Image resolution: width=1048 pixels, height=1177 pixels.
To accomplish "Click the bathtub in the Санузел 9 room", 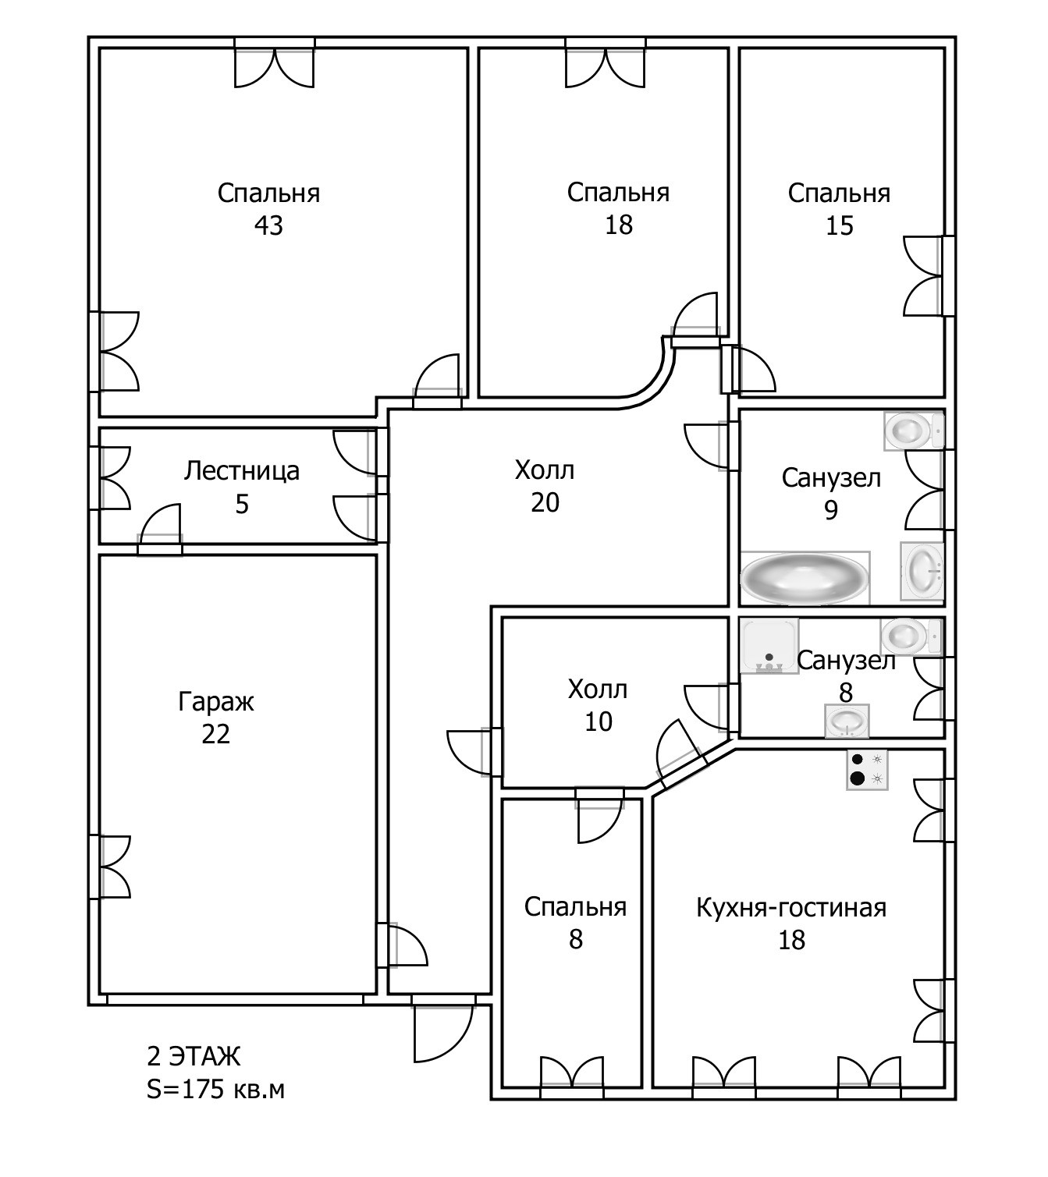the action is tap(805, 578).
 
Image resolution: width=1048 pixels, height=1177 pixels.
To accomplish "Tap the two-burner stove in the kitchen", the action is tap(867, 771).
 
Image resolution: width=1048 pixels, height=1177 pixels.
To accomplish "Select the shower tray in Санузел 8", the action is tap(769, 645).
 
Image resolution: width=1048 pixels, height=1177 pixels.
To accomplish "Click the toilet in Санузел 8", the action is tap(911, 636).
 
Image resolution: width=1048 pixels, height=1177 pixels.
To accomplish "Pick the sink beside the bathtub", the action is tap(922, 572).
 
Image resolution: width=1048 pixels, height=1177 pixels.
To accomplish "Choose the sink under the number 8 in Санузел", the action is tap(847, 721).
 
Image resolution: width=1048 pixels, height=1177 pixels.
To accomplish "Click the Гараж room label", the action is tap(215, 702).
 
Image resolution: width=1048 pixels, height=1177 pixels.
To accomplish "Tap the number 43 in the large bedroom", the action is tap(268, 225).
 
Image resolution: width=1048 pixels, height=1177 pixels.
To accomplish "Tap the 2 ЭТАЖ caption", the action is tap(194, 1056).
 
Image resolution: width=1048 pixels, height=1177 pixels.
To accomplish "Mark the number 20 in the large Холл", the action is tap(545, 502).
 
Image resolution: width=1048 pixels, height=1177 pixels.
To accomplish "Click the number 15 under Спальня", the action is tap(840, 226).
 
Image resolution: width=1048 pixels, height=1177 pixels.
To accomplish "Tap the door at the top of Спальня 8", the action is tap(600, 815).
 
